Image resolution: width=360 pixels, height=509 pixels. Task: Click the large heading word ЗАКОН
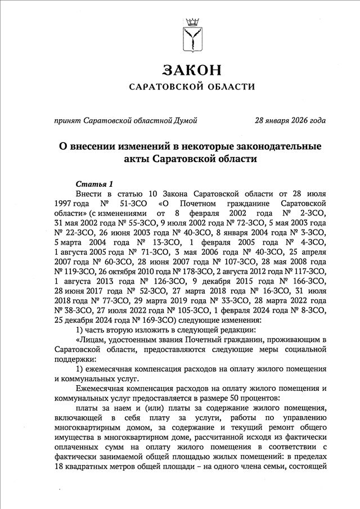[x=192, y=70]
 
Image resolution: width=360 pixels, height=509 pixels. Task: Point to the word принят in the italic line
[x=66, y=120]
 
